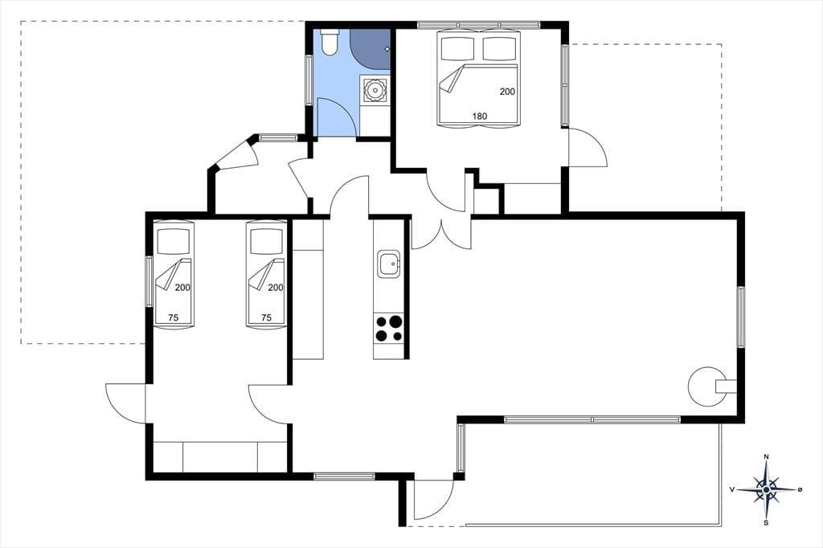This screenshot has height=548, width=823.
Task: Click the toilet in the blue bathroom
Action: point(330,42)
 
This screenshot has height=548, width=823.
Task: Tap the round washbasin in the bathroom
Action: point(375,88)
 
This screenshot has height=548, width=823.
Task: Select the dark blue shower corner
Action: point(371,49)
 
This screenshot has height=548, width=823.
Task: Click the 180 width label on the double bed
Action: point(480,116)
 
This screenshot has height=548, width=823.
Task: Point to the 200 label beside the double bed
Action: point(507,92)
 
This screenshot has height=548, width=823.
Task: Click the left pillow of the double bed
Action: point(457,49)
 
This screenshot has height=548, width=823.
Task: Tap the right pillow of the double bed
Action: point(499,49)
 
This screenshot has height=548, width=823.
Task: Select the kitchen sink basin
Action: point(389,264)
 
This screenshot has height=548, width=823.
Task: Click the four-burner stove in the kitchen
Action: point(389,329)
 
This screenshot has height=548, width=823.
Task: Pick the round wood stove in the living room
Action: point(706,386)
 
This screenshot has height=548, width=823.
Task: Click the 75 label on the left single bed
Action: point(174,317)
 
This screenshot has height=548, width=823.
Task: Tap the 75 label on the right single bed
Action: point(266,317)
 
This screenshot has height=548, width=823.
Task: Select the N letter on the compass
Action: point(766,456)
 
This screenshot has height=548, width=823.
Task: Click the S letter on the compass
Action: point(766,522)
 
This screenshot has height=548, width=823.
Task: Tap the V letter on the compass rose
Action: point(731,489)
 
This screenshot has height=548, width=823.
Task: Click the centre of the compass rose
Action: point(766,489)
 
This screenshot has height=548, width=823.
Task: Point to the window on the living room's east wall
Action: point(740,317)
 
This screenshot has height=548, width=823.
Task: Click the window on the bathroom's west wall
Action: point(309,78)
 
